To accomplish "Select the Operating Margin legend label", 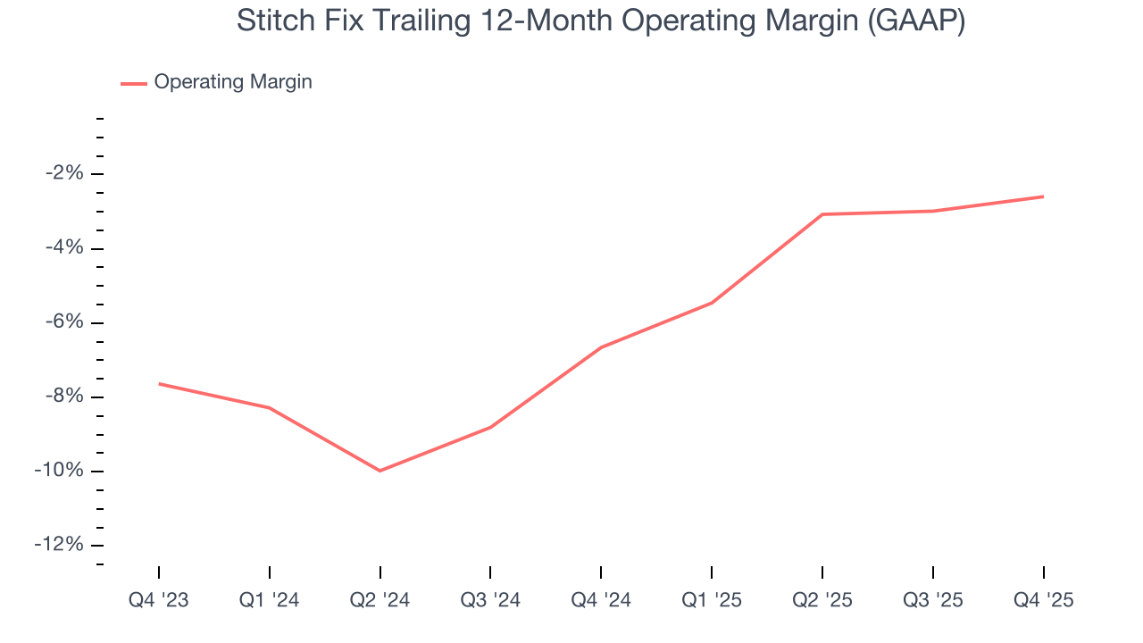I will (x=233, y=82).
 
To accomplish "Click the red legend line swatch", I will (x=134, y=83).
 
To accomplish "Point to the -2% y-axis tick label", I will (x=64, y=173).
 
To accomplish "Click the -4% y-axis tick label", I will (x=64, y=247).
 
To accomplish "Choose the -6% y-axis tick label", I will (x=64, y=322).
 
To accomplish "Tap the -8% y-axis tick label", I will (x=64, y=397).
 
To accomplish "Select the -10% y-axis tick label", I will (x=60, y=471).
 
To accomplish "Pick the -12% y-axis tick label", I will (x=60, y=545).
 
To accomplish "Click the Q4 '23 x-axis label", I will (x=159, y=600).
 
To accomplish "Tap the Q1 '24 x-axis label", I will (x=270, y=600).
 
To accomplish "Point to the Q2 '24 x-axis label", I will (x=380, y=600).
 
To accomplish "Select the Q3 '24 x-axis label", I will (x=490, y=600).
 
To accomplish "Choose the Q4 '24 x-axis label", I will (x=601, y=600).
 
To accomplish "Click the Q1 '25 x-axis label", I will (x=712, y=600).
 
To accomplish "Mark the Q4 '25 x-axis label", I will (x=1043, y=600).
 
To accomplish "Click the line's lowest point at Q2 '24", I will (x=380, y=471).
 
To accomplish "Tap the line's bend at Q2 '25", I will (x=822, y=214).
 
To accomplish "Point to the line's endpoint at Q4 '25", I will (x=1043, y=196).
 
